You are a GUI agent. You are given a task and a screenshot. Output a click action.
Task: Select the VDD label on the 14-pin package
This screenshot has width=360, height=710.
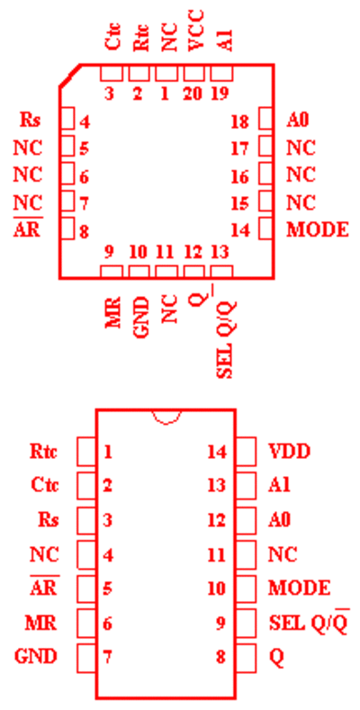pos(290,452)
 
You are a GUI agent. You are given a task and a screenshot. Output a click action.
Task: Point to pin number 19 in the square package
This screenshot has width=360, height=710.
pos(221,94)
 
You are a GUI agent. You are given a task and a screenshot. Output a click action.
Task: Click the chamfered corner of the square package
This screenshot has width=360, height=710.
pos(69,76)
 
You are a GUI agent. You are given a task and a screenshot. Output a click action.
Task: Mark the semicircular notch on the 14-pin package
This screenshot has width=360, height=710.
pos(167,418)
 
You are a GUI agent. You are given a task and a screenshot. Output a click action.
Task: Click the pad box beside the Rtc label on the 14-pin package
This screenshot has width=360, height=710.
pos(86,452)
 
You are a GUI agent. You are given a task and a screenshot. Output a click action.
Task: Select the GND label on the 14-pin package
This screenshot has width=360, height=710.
pos(36,656)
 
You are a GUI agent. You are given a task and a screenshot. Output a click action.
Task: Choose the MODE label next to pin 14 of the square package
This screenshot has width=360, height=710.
pos(318,230)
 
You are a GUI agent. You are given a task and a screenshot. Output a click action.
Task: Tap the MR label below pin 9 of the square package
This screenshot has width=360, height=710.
pos(113,313)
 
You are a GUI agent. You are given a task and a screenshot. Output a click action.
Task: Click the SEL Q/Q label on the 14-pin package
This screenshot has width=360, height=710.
pos(310,622)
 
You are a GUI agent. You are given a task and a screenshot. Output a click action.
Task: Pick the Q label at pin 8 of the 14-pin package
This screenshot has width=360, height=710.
pos(276,657)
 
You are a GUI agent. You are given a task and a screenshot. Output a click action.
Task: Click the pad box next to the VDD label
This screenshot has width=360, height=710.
pos(247,452)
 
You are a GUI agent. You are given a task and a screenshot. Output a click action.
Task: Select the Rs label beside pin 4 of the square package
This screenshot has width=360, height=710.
pos(31,121)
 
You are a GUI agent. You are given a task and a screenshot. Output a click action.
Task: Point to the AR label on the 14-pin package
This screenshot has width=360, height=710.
pos(43,587)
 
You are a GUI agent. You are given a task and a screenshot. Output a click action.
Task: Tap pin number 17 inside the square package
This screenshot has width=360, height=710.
pos(239,148)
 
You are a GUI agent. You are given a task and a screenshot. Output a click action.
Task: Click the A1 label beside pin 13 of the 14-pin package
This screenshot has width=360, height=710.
pos(279,485)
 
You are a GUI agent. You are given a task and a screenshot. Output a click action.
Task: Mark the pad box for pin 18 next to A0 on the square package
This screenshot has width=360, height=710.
pos(265,119)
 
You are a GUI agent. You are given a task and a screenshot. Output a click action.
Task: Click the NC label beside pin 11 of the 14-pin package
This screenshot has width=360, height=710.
pos(283,553)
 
